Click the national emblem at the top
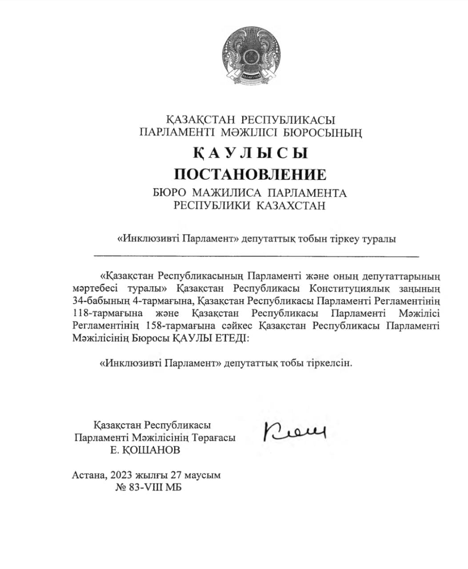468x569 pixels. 251,56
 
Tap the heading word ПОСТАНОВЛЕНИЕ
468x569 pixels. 250,174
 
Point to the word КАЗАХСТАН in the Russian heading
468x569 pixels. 292,205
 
